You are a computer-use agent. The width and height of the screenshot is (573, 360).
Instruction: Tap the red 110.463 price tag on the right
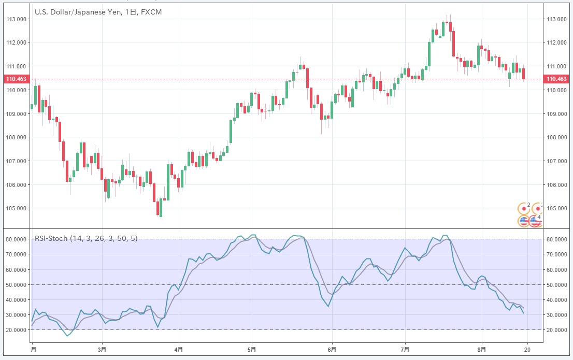coord(556,79)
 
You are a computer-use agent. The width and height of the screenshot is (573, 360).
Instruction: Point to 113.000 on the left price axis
coord(16,19)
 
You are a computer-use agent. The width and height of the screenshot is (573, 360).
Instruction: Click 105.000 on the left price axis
coord(16,208)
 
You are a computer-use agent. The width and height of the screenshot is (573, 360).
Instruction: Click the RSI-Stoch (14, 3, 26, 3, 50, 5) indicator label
coord(85,238)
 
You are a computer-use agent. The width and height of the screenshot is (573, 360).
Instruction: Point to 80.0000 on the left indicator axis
coord(16,240)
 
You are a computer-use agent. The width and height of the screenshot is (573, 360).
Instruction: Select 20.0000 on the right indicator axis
coord(557,330)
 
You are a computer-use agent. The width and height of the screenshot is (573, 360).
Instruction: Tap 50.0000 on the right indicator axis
coord(557,285)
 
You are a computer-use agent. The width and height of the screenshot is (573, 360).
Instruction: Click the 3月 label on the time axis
coord(103,350)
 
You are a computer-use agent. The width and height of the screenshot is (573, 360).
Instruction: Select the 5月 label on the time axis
coord(252,350)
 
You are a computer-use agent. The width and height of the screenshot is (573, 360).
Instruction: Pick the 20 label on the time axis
coord(528,350)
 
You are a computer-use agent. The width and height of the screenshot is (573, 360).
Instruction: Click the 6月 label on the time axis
coord(332,350)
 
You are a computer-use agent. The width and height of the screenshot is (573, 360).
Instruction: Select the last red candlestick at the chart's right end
coord(524,74)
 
